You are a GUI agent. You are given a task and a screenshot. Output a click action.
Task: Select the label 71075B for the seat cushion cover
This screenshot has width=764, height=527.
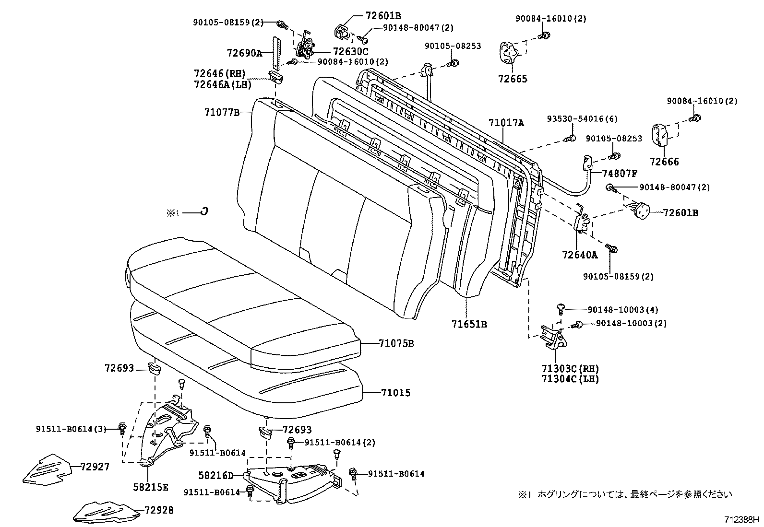tap(396, 343)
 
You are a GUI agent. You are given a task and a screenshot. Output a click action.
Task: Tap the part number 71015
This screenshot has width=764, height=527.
tap(395, 393)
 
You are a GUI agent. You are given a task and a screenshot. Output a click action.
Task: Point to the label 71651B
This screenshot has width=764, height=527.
tap(469, 325)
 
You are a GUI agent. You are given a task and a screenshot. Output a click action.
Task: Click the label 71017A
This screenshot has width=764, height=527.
tap(506, 123)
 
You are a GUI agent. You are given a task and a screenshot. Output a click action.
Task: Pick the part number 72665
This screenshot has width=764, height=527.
tap(512, 79)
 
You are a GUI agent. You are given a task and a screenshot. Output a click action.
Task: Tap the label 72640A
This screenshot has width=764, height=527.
tap(580, 255)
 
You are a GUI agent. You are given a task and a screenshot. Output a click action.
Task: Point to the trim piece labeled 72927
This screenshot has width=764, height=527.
tap(47, 468)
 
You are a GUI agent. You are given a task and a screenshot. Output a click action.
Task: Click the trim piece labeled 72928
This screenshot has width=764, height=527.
tap(107, 511)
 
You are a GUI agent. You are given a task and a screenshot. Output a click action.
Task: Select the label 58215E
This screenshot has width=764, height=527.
tap(151, 487)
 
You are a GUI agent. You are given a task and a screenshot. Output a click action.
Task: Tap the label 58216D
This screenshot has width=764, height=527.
tap(215, 476)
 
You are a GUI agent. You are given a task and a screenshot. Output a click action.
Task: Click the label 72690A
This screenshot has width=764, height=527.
tap(244, 53)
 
